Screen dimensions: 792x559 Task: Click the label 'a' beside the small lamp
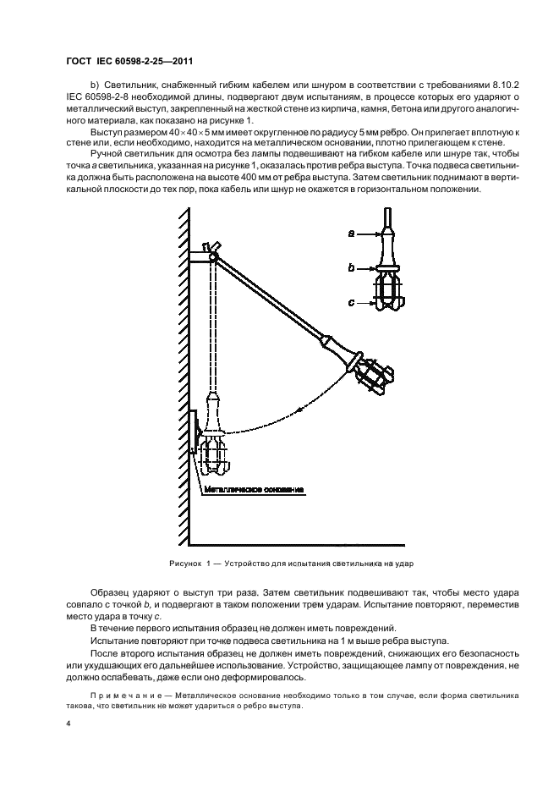(349, 232)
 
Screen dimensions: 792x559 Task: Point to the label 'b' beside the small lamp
(349, 267)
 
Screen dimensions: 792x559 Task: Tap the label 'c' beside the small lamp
(349, 300)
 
